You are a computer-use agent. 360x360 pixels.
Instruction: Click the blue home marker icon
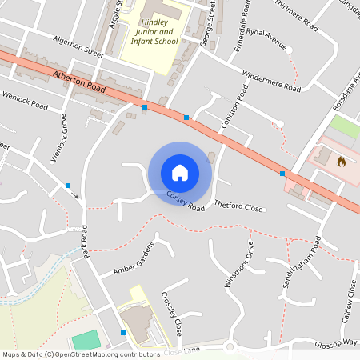[x=180, y=172]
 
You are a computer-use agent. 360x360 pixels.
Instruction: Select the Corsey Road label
[x=186, y=201]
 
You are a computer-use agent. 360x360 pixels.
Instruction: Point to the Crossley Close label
[x=171, y=311]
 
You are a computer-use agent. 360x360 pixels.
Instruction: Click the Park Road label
[x=85, y=243]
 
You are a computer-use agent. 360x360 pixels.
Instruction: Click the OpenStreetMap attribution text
[x=82, y=354]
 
